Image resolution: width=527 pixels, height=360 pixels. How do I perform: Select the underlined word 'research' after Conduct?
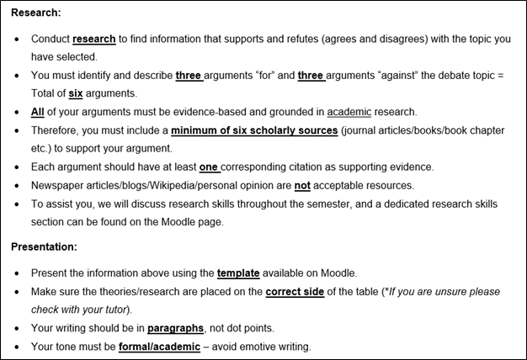pos(94,40)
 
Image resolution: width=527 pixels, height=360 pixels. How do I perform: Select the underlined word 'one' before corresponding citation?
pos(210,167)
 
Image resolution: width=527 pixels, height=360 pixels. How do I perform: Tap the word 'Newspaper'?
pos(59,185)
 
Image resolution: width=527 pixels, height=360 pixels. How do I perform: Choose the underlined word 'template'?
pos(238,273)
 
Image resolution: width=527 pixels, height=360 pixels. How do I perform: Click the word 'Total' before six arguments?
pos(46,94)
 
